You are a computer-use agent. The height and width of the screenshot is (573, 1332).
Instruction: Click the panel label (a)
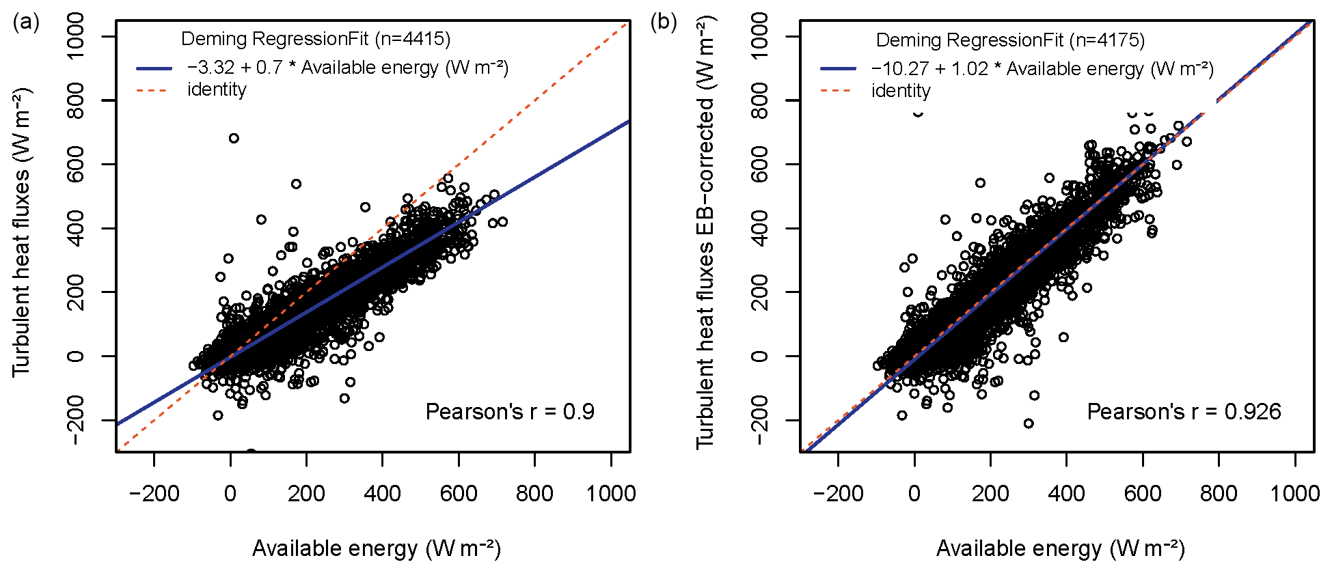(26, 23)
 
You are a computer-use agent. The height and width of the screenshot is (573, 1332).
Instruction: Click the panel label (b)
(664, 23)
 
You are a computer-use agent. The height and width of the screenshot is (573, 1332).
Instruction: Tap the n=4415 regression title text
(316, 39)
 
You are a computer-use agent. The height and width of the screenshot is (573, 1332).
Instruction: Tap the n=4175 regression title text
(1010, 40)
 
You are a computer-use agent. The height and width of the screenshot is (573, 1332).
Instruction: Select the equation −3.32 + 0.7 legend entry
(347, 68)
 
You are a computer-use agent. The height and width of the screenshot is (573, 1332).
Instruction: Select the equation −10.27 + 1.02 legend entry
(1042, 69)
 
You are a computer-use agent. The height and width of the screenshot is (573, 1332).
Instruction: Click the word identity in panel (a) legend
(217, 89)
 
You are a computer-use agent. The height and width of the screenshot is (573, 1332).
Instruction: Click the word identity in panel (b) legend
(901, 91)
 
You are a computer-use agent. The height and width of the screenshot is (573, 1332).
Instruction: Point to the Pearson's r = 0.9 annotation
(510, 412)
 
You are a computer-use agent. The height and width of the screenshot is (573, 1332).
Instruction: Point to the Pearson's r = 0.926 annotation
(1184, 412)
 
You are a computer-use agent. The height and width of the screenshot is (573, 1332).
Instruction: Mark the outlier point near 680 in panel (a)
(234, 138)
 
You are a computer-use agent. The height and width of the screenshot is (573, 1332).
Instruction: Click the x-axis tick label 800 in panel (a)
(534, 494)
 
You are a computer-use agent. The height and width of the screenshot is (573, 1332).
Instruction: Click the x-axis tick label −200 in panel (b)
(838, 494)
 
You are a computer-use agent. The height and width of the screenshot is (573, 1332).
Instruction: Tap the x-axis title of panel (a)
(377, 548)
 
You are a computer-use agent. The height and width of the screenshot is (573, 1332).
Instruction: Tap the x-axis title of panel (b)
(1060, 548)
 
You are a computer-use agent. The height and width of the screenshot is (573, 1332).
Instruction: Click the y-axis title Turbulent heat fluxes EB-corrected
(705, 232)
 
